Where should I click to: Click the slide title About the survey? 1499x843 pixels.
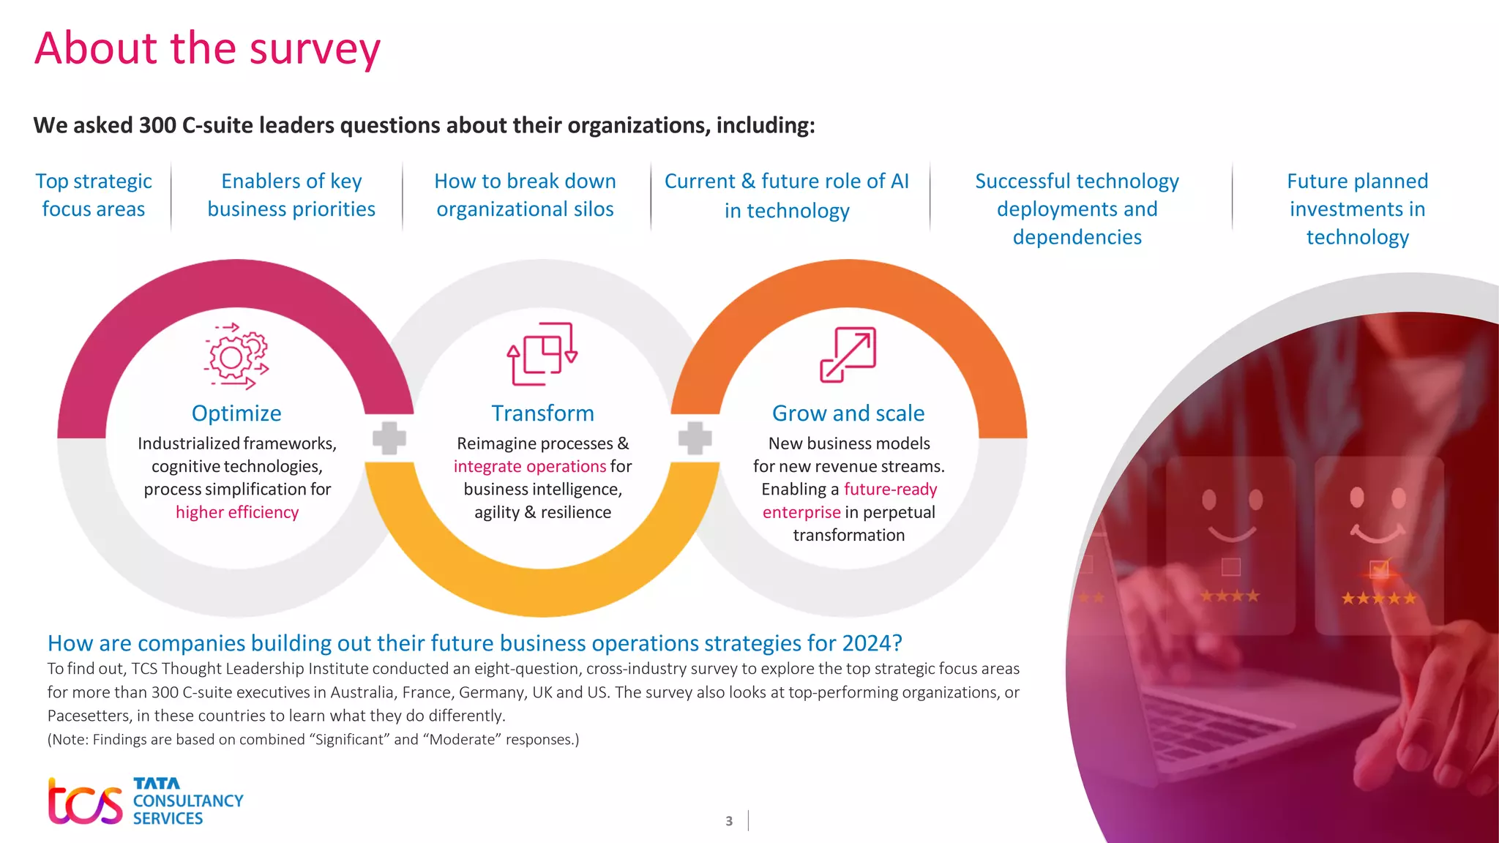point(207,48)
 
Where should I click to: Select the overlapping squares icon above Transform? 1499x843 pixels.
point(542,354)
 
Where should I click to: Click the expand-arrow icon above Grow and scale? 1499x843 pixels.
point(848,355)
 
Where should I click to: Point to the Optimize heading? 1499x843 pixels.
point(236,413)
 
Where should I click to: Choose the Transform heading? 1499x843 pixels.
point(542,413)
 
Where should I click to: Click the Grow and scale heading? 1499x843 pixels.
point(848,413)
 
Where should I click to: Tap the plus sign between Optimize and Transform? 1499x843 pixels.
point(389,438)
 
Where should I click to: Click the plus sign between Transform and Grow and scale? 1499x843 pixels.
point(695,438)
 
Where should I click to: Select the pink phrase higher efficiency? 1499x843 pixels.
point(237,512)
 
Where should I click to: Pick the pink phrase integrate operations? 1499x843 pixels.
point(530,466)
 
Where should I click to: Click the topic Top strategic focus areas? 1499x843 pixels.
point(94,195)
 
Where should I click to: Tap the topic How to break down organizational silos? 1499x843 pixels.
point(525,195)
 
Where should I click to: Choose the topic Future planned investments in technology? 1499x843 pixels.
point(1357,209)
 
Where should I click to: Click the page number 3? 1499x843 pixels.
point(729,821)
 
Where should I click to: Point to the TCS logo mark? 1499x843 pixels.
point(85,801)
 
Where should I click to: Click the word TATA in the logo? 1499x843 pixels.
point(156,784)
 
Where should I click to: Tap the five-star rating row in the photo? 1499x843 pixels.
point(1378,599)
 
